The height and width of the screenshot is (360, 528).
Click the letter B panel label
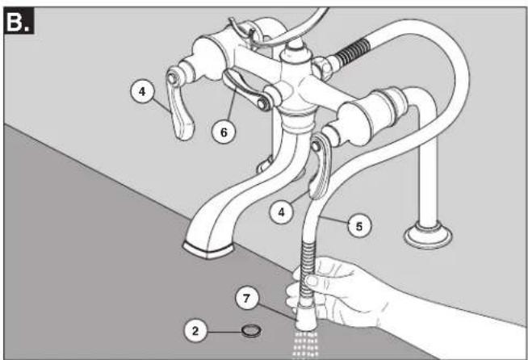coord(19,22)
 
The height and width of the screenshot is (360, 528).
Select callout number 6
coord(224,132)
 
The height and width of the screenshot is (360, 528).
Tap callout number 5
coord(359,226)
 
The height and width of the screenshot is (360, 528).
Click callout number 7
coord(247,299)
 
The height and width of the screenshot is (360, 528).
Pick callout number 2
coord(195,331)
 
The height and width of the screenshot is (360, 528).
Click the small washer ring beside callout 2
coord(252,331)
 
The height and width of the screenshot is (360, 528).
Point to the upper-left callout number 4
coord(142,91)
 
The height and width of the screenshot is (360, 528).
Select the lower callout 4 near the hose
coord(281,211)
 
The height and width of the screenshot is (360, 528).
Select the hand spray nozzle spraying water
coord(307,316)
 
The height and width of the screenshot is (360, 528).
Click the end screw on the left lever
coord(172,78)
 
